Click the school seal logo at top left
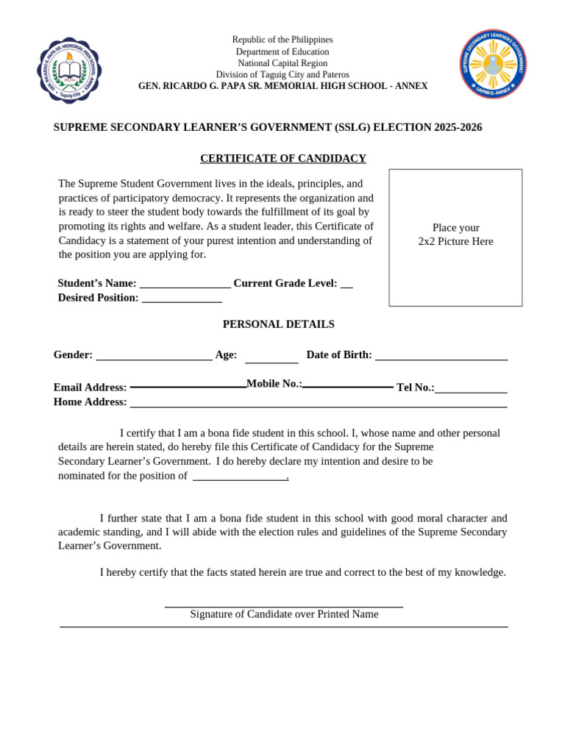tap(69, 71)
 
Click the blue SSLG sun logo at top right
tap(493, 64)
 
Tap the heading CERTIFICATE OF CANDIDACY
tap(283, 158)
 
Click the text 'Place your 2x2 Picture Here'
tap(455, 235)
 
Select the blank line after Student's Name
tap(185, 287)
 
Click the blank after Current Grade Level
tap(347, 287)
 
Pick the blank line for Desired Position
tap(182, 301)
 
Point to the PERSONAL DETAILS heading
tap(279, 324)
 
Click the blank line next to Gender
tap(154, 359)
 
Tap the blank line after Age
tap(271, 362)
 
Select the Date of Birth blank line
tap(441, 359)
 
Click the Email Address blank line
tap(188, 386)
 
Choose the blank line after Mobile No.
tap(348, 386)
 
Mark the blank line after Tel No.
tap(471, 392)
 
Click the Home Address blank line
tap(319, 406)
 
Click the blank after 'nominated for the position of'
tap(240, 479)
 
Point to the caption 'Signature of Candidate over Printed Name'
tap(284, 614)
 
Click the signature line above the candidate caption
tap(284, 607)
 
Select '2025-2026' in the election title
tap(458, 127)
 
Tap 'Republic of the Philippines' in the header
tap(282, 40)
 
